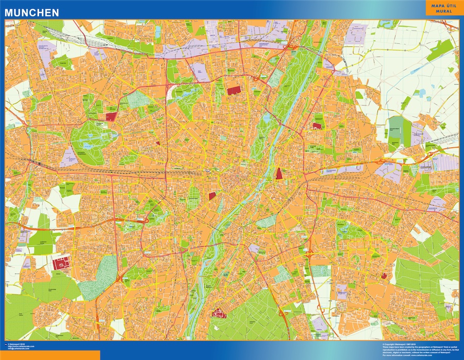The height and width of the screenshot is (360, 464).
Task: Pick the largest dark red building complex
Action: [x=61, y=264]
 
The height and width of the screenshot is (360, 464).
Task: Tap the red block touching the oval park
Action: [x=111, y=116]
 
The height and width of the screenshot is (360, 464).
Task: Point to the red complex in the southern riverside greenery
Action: [x=219, y=313]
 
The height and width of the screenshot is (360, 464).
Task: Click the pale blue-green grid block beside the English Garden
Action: [x=275, y=77]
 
